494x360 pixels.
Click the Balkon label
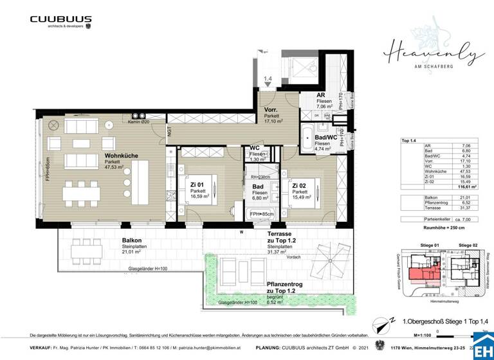132,242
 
